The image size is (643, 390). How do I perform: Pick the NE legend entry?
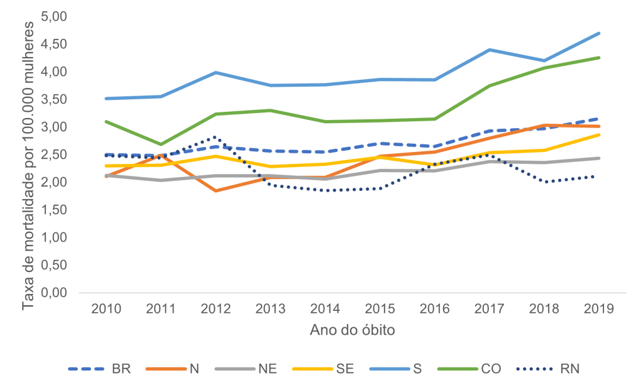click(266, 369)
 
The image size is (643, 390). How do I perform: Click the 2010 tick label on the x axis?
click(107, 310)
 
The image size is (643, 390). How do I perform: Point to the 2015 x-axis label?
click(380, 310)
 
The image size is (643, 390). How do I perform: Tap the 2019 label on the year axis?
click(599, 310)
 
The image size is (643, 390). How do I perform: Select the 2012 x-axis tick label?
click(216, 310)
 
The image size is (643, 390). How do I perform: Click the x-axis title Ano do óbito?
click(353, 330)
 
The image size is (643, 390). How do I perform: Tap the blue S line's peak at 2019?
click(599, 33)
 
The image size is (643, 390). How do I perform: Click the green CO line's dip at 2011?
click(162, 144)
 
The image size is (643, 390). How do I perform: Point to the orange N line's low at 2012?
click(216, 191)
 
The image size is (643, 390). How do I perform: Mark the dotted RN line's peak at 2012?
click(216, 137)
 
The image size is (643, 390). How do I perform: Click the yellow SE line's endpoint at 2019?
click(599, 134)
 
